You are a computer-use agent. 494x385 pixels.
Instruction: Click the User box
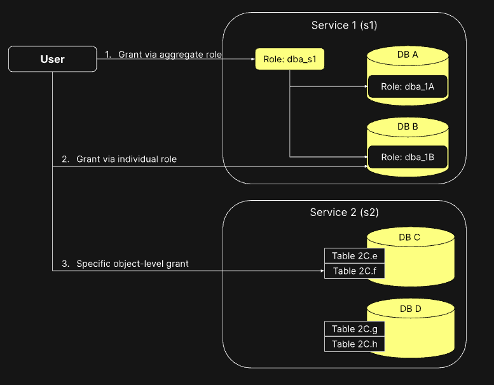pyautogui.click(x=52, y=59)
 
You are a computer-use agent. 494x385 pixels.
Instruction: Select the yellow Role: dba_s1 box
pyautogui.click(x=290, y=59)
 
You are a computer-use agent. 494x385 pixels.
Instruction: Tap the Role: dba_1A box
pyautogui.click(x=407, y=86)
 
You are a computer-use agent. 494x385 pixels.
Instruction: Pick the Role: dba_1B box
pyautogui.click(x=407, y=157)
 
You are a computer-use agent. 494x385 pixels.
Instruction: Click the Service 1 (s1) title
pyautogui.click(x=344, y=25)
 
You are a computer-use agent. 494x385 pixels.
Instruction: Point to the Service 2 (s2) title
pyautogui.click(x=344, y=212)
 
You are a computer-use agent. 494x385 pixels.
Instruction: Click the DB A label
pyautogui.click(x=407, y=55)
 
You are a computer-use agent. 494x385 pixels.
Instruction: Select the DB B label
pyautogui.click(x=407, y=126)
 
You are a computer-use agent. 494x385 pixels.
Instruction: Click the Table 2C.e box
pyautogui.click(x=354, y=256)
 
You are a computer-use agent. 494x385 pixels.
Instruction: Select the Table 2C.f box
pyautogui.click(x=354, y=271)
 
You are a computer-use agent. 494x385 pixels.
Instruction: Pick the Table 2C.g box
pyautogui.click(x=354, y=328)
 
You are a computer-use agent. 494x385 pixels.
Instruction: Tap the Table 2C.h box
pyautogui.click(x=354, y=344)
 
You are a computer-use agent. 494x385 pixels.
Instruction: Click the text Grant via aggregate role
pyautogui.click(x=170, y=55)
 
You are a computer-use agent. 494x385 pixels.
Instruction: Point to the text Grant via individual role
pyautogui.click(x=127, y=159)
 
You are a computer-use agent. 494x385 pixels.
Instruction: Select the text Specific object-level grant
pyautogui.click(x=132, y=263)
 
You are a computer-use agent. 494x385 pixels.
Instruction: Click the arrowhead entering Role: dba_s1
pyautogui.click(x=253, y=59)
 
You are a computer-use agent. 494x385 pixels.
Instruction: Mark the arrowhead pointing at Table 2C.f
pyautogui.click(x=322, y=271)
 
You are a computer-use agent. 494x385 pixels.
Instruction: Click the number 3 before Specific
pyautogui.click(x=64, y=263)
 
